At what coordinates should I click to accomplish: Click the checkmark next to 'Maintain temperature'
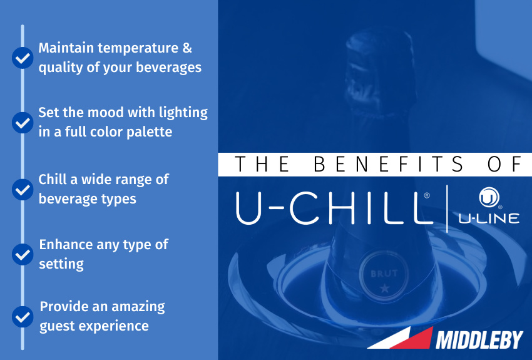(x=23, y=58)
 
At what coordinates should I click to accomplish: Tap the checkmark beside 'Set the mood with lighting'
(x=23, y=122)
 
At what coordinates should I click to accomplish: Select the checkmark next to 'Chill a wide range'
(x=23, y=189)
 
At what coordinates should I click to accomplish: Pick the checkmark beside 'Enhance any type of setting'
(x=23, y=254)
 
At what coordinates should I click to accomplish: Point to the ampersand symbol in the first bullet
(x=187, y=48)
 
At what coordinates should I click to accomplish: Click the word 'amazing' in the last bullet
(x=133, y=306)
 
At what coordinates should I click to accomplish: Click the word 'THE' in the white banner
(x=262, y=164)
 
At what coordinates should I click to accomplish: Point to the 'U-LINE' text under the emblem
(x=489, y=219)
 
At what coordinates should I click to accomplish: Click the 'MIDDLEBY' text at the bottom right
(x=479, y=340)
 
